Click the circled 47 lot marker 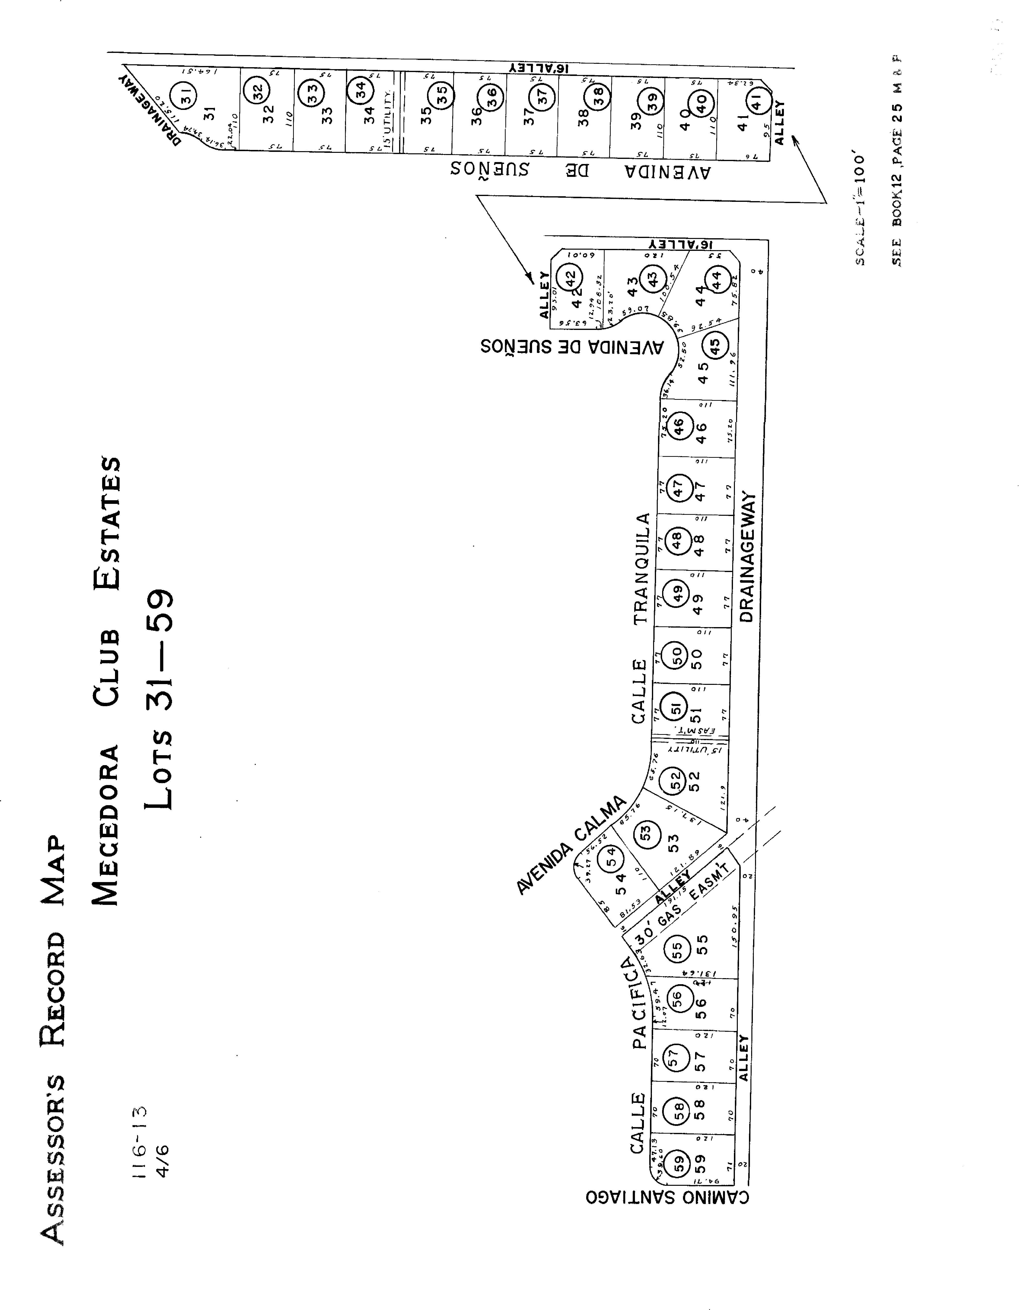677,487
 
